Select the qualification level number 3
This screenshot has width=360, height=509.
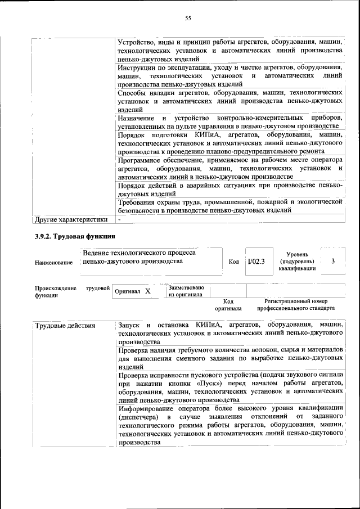[333, 261]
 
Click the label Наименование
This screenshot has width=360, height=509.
[54, 263]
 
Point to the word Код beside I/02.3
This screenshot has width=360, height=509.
[233, 262]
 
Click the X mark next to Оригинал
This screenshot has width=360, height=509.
[148, 291]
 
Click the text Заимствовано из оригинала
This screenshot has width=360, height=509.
[186, 291]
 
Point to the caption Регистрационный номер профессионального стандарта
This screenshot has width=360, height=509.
[296, 305]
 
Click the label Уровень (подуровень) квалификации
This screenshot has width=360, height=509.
[296, 262]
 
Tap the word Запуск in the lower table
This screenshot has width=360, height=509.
[130, 325]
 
